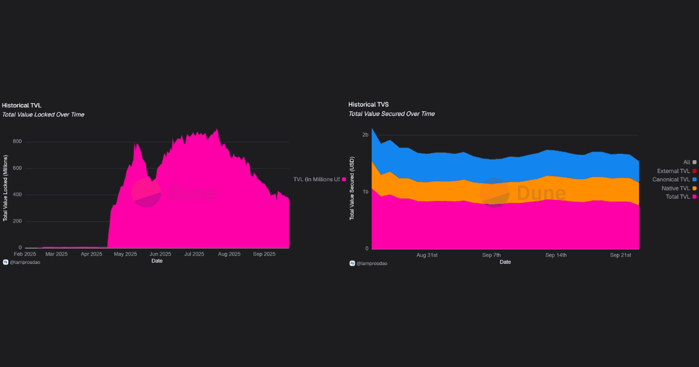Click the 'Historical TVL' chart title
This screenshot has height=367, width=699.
[x=22, y=105]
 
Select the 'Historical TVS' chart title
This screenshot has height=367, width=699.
[x=368, y=104]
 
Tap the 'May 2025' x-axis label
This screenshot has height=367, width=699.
[x=125, y=254]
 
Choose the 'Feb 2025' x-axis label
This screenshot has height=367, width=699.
[x=25, y=254]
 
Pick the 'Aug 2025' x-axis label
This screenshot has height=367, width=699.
[x=230, y=254]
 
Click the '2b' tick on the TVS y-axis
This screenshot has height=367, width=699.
[x=365, y=135]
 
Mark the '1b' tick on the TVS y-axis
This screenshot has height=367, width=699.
[x=365, y=192]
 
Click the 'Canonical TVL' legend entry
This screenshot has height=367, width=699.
[x=671, y=179]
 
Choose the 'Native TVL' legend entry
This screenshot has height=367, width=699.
[x=676, y=188]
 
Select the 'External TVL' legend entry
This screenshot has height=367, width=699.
[x=673, y=171]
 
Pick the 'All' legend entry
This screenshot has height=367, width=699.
[x=687, y=162]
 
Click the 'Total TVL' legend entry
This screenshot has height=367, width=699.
[x=677, y=197]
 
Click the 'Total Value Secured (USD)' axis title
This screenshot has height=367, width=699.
[x=352, y=188]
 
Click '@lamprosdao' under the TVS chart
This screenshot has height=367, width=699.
[x=372, y=263]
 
